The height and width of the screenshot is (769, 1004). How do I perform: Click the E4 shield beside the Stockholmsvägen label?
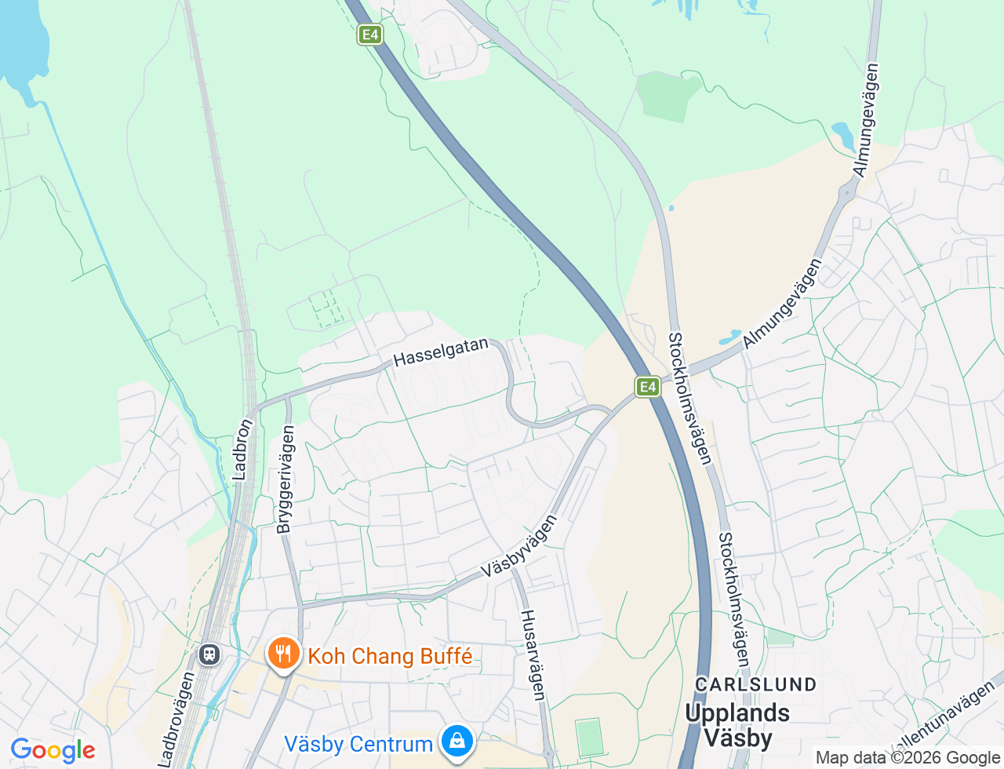(647, 386)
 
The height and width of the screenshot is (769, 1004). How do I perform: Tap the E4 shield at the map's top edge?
(370, 35)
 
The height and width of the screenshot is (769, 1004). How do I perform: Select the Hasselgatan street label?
(441, 352)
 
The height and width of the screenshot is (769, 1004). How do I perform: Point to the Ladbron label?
(243, 450)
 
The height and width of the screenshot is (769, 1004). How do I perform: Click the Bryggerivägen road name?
(286, 479)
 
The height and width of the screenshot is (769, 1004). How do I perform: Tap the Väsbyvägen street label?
(519, 546)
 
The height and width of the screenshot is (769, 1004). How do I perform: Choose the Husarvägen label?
(533, 654)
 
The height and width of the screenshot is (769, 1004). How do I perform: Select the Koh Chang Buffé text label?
(390, 656)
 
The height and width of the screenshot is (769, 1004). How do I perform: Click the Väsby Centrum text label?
(358, 744)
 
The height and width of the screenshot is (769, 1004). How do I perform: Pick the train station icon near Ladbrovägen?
(209, 654)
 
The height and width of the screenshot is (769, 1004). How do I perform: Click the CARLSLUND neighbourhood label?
(756, 684)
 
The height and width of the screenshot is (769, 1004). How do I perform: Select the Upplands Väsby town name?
(737, 724)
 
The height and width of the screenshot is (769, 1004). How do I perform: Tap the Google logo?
(53, 750)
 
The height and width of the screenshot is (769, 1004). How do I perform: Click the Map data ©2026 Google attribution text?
(908, 757)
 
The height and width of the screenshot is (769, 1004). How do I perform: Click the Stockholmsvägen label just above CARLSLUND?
(733, 600)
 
